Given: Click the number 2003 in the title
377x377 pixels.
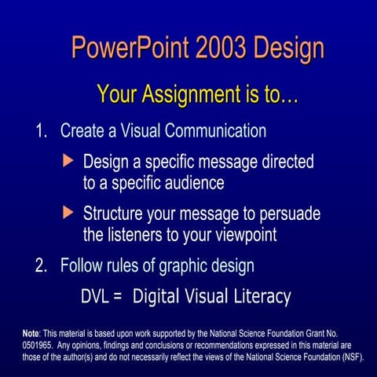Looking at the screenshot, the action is tap(221, 47).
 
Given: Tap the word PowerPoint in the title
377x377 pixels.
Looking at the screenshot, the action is tap(130, 47).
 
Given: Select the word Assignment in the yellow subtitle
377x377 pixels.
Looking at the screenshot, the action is tap(191, 95).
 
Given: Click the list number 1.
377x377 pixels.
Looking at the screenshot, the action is tap(41, 130).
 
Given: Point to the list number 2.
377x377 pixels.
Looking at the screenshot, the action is tap(41, 265).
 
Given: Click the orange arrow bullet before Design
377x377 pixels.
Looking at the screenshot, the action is tap(68, 160).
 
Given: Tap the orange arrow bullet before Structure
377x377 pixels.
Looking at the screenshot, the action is tap(68, 212).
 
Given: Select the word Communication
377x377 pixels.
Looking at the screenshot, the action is tap(215, 130).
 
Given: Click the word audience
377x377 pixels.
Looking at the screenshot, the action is tap(195, 182).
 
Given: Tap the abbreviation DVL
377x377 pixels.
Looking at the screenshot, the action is tap(94, 297).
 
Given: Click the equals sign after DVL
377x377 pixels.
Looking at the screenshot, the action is tap(118, 297).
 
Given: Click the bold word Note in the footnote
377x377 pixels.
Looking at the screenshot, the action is tap(31, 334).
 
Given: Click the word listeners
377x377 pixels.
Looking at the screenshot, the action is tap(135, 234).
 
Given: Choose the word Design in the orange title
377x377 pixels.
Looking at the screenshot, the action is tap(289, 49).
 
